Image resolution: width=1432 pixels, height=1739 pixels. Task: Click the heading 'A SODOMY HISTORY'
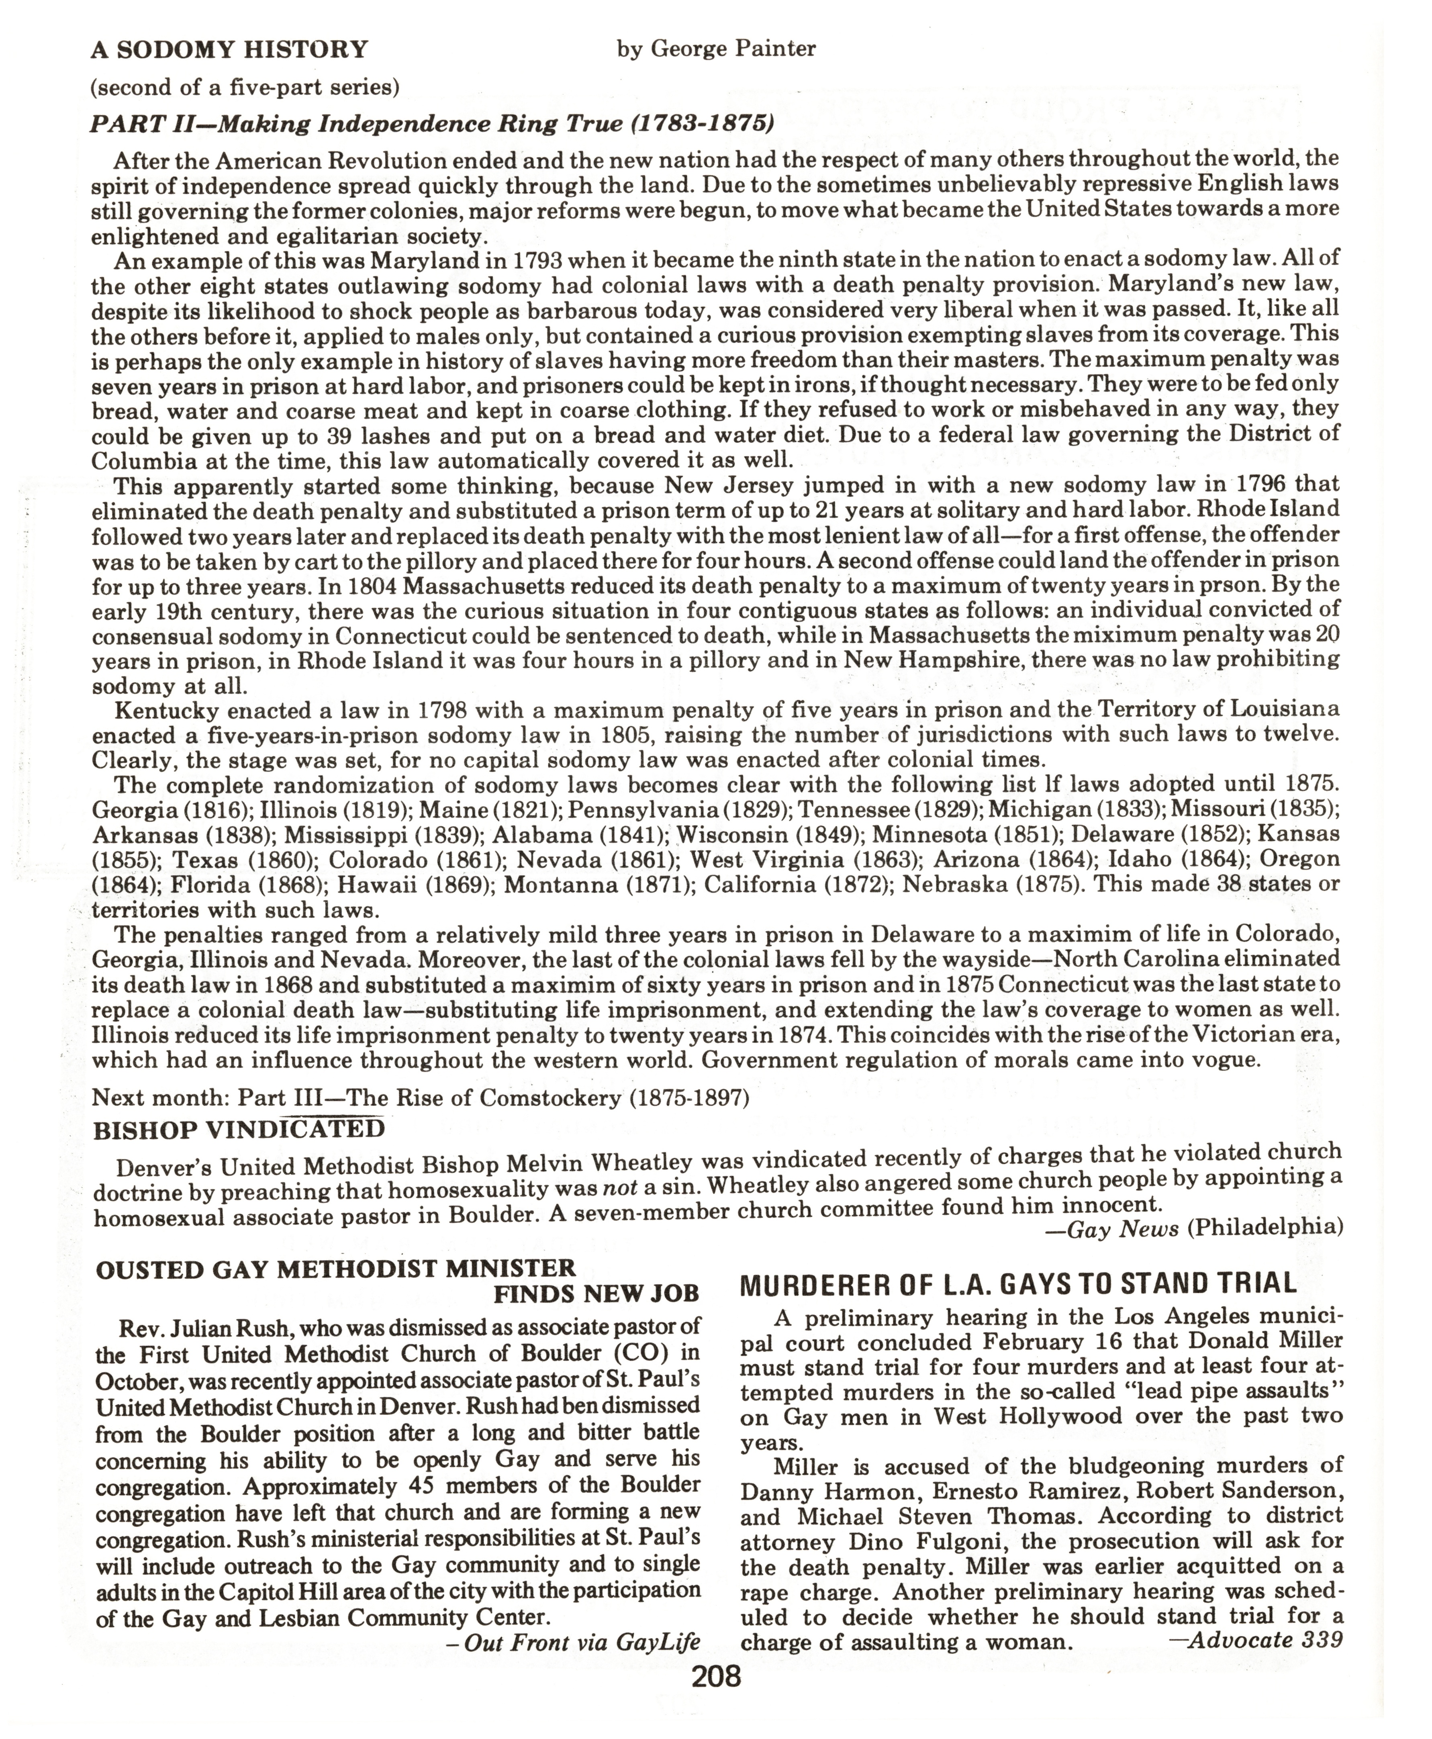(x=229, y=50)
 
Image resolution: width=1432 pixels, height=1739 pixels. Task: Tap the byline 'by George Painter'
(x=716, y=49)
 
